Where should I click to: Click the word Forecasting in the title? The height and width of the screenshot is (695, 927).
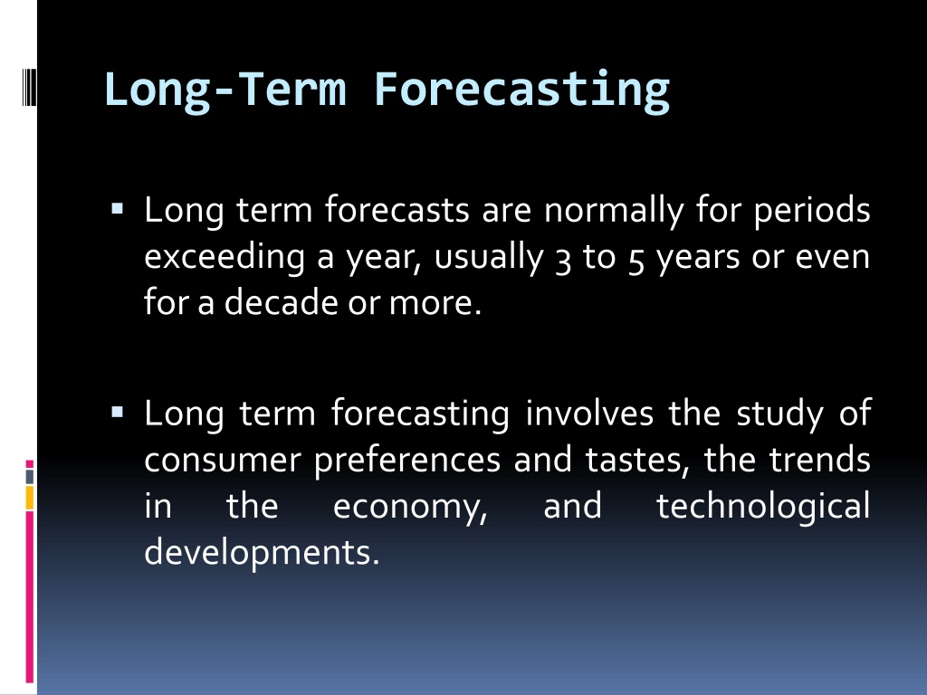pos(522,90)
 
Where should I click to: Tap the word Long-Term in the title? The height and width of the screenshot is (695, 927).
pos(225,90)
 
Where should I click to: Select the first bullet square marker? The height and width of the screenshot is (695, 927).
pos(117,208)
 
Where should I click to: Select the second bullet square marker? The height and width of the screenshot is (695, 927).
pos(117,412)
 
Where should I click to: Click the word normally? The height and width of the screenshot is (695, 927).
pos(613,210)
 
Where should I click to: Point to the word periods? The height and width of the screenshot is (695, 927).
pos(812,211)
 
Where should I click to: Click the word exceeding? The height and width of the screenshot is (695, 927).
pos(225,258)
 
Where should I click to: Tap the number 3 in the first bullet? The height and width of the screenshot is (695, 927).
pos(563,261)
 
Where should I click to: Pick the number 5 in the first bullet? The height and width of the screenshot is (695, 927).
pos(636,261)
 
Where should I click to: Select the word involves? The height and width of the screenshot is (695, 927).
pos(589,413)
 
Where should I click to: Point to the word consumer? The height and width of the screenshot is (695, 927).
pos(223,461)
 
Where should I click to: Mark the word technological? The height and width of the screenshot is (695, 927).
pos(763,507)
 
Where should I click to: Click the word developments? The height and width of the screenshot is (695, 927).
pos(262,553)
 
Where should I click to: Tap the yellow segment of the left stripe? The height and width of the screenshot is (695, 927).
pos(30,498)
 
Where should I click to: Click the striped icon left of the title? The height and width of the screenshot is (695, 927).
pos(29,87)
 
